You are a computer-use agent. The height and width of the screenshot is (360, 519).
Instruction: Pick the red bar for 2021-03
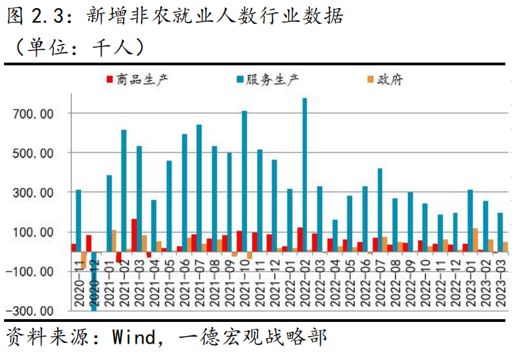pyautogui.click(x=134, y=235)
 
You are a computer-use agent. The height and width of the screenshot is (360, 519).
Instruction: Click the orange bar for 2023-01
pyautogui.click(x=475, y=240)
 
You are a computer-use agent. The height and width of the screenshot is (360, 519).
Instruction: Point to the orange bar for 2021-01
pyautogui.click(x=114, y=241)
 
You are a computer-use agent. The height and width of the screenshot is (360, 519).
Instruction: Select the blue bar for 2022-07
pyautogui.click(x=380, y=210)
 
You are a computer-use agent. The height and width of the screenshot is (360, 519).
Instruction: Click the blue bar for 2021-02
pyautogui.click(x=124, y=191)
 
